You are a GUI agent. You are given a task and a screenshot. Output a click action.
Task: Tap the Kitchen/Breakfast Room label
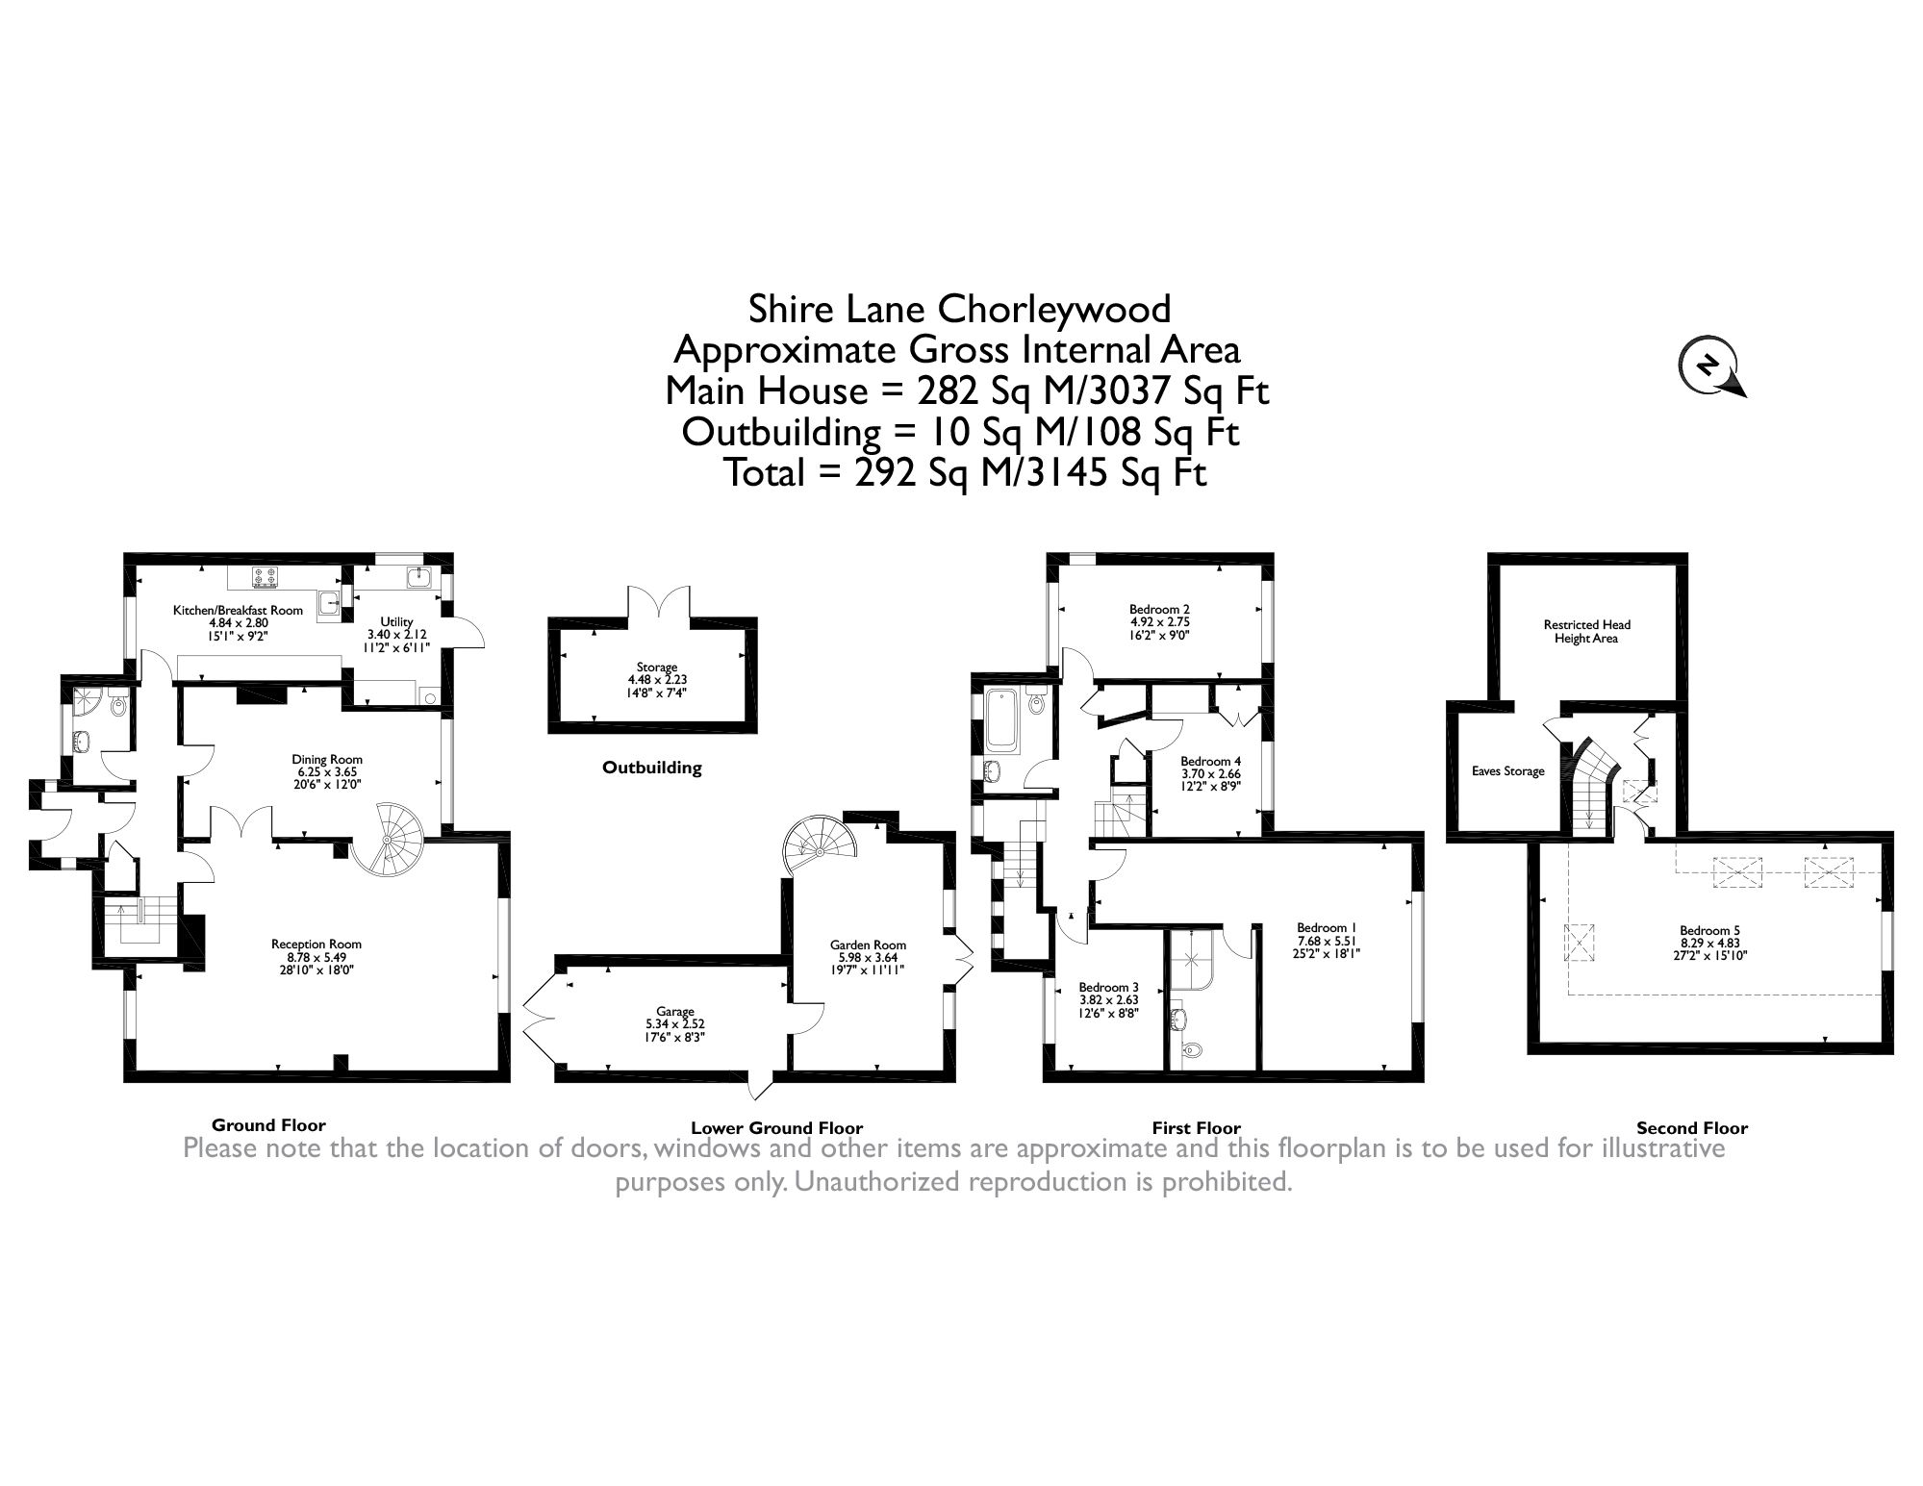click(x=237, y=610)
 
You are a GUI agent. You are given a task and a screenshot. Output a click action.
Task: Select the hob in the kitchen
click(x=266, y=578)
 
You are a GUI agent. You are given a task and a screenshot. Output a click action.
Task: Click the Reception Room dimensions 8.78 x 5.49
click(x=316, y=957)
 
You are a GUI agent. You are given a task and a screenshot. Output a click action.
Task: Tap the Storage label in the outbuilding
click(x=656, y=667)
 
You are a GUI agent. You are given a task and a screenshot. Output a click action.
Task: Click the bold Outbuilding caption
click(x=651, y=768)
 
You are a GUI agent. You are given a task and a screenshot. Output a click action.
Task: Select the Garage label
click(x=674, y=1012)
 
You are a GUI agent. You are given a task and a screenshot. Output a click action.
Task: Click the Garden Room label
click(x=868, y=944)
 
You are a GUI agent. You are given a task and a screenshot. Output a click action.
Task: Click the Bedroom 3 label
click(x=1108, y=987)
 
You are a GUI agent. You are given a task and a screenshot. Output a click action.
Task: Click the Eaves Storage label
click(x=1507, y=771)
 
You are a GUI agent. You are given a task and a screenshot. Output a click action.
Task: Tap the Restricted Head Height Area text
click(x=1585, y=631)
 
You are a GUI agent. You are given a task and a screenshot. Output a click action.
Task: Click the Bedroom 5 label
click(x=1709, y=930)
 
